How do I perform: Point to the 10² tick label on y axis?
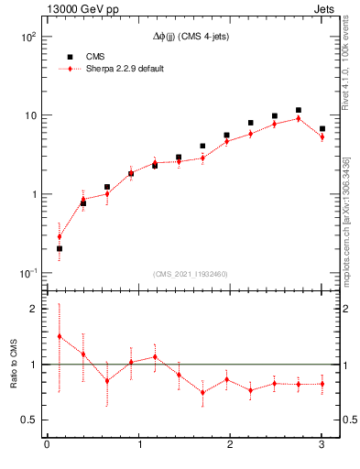[x=27, y=37]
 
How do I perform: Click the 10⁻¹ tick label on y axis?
[x=27, y=273]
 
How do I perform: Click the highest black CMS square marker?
[x=298, y=110]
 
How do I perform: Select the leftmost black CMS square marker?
[x=60, y=248]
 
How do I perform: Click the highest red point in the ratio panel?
[x=60, y=336]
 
